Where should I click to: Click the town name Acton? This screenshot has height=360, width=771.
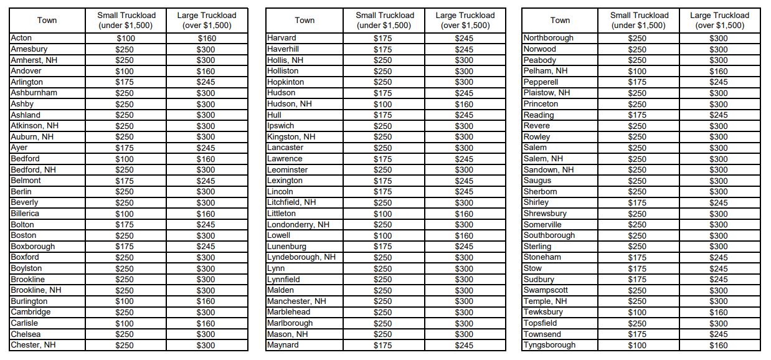tap(22, 38)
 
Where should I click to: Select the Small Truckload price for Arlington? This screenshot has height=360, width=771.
tap(126, 82)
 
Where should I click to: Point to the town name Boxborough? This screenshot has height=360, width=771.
tap(32, 247)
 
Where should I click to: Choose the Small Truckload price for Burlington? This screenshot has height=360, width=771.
tap(126, 301)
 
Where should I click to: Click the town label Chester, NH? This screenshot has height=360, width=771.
tap(33, 345)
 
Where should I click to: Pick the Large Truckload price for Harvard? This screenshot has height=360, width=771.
tap(464, 38)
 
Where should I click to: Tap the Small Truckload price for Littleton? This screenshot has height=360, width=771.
tap(382, 214)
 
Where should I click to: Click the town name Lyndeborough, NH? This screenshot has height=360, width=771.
tap(301, 257)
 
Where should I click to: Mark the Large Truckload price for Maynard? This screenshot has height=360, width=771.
tap(464, 345)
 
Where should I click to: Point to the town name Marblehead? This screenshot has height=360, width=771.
tap(288, 312)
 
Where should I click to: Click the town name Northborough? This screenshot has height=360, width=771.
tap(548, 38)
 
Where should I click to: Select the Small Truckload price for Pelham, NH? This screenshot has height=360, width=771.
tap(637, 71)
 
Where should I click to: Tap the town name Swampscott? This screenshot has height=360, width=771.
tap(546, 290)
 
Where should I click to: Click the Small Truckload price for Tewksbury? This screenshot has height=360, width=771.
tap(637, 312)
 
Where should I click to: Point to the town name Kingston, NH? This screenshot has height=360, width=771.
tap(291, 137)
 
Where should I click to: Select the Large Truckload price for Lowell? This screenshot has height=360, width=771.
tap(464, 235)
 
